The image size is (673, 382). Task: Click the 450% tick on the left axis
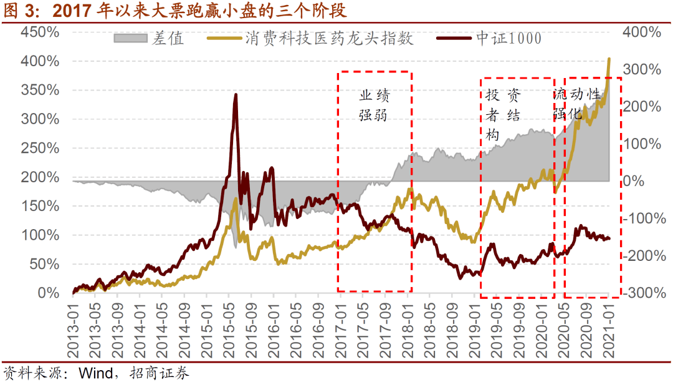tap(39, 32)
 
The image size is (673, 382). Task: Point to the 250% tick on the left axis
tap(39, 148)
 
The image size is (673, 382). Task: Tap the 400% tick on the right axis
tap(641, 32)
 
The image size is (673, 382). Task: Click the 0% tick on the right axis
tap(635, 181)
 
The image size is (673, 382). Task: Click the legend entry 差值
tap(167, 39)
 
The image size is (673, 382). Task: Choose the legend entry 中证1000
tap(508, 39)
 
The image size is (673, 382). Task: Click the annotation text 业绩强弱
tap(375, 105)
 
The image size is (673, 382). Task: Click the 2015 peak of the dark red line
tap(235, 95)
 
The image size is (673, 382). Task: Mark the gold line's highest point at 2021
tap(609, 59)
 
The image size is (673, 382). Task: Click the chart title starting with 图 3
tap(175, 11)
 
